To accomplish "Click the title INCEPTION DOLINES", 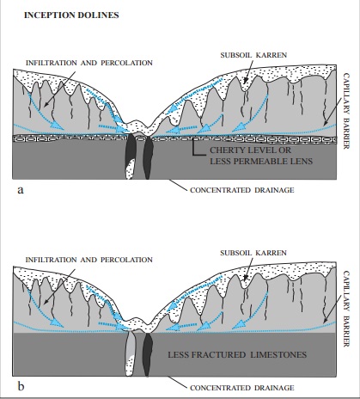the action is pos(71,15).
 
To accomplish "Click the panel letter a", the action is pos(21,190).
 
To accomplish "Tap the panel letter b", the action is pos(21,386).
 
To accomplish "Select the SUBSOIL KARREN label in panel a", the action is pos(253,55).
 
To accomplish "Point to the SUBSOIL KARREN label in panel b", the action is pos(253,253).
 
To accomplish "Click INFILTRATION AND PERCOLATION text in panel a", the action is pos(89,63).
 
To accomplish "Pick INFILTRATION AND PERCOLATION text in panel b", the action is pos(89,260).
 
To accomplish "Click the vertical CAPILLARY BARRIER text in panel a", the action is pos(346,111).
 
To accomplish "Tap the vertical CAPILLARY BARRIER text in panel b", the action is pos(346,309).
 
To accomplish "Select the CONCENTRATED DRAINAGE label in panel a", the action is pos(242,190).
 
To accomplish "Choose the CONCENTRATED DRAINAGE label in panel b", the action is pos(242,388).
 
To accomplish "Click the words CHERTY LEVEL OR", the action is pos(250,150).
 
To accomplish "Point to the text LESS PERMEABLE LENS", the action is pos(261,161).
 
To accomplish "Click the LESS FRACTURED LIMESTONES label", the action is pos(237,355).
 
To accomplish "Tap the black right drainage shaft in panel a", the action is pos(148,157).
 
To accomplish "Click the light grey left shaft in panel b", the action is pos(130,353).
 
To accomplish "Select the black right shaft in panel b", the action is pos(148,355).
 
